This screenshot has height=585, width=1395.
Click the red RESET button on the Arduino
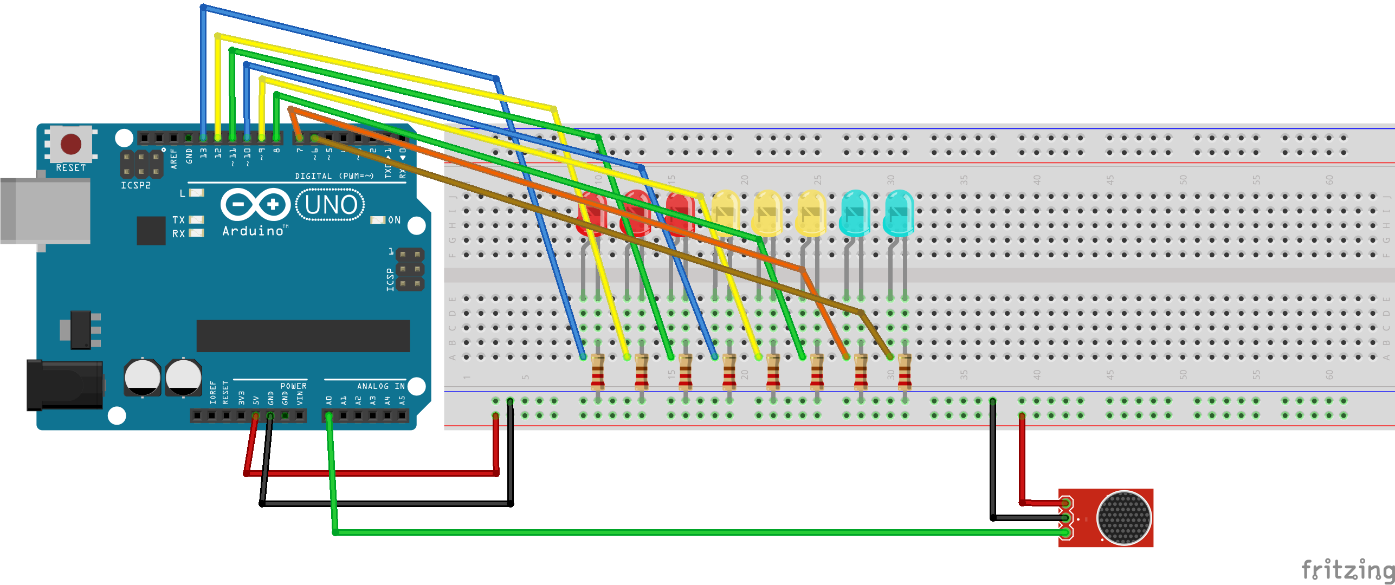click(x=71, y=144)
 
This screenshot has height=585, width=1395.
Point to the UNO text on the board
click(x=331, y=205)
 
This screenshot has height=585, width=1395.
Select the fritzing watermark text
click(x=1347, y=570)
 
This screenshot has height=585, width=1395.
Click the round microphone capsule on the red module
click(x=1123, y=518)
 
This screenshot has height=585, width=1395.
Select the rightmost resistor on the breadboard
click(x=905, y=372)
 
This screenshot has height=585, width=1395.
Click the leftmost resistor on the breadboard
click(x=597, y=372)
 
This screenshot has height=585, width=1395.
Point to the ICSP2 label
click(x=135, y=185)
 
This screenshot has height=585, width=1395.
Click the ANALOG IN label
click(x=380, y=386)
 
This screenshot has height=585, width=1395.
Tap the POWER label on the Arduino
click(x=293, y=386)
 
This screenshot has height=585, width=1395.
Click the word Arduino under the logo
click(x=253, y=231)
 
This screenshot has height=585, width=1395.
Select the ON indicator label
click(x=394, y=220)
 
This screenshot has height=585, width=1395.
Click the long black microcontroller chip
click(x=303, y=336)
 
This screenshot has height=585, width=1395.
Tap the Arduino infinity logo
click(x=255, y=205)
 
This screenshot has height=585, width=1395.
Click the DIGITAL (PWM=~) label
click(x=334, y=176)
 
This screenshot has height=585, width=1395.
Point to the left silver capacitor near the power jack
click(x=143, y=377)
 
